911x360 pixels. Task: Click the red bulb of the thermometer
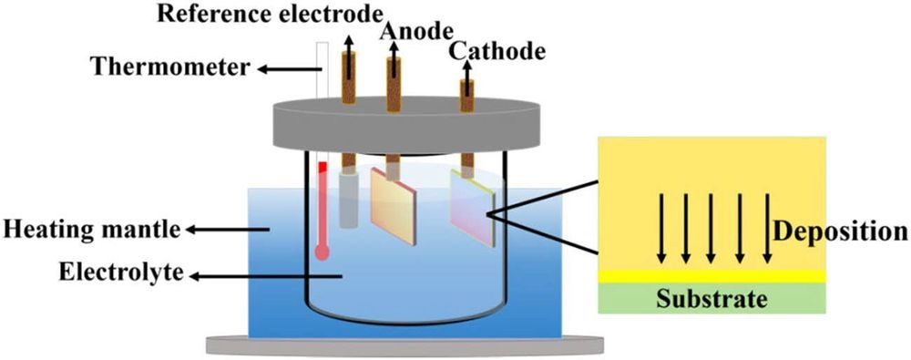[322, 252]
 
